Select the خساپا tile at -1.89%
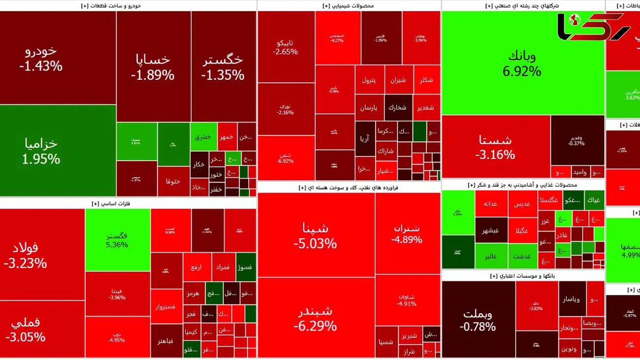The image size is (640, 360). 153,66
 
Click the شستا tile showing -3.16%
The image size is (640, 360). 495,147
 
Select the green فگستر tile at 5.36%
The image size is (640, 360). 117,240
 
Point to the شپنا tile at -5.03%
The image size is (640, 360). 316,235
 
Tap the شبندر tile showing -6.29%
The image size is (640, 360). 316,318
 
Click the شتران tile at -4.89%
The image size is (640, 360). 407,234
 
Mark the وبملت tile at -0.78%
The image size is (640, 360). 478,320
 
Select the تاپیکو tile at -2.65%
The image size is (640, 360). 286,47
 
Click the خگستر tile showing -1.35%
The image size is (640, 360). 223,66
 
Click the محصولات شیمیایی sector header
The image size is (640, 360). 349,5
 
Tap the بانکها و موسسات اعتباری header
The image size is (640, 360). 523,276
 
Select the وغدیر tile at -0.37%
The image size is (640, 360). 576,140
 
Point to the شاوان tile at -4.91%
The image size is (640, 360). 407,300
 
